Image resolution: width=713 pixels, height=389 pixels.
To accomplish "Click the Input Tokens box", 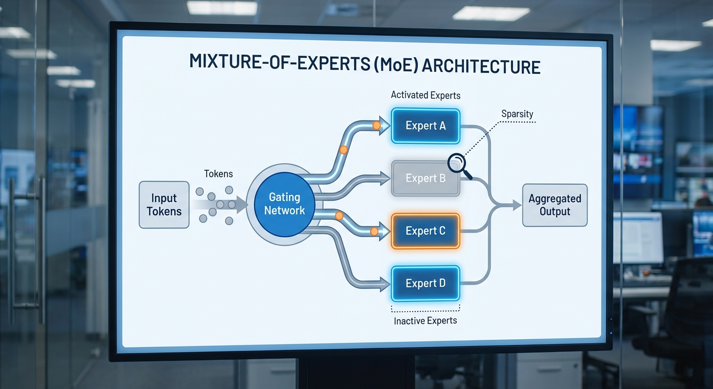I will pos(164,205).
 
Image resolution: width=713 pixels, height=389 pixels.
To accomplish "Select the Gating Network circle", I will pos(284,204).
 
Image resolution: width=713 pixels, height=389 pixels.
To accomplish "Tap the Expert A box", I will pos(425,126).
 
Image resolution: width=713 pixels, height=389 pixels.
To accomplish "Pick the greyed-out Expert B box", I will pos(425,178).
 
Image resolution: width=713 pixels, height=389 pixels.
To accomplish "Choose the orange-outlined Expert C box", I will pos(425,231).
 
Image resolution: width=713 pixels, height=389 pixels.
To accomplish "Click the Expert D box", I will pos(425,283).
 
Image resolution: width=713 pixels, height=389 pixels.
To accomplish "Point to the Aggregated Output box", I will pos(554,205).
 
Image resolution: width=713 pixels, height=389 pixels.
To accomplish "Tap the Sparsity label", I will pos(517,114).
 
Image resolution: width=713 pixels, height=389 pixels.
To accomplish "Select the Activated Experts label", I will pos(425,95).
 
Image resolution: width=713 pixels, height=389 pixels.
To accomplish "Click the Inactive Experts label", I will pos(425,321).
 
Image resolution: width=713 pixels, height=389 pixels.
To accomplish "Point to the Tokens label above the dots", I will pos(218,174).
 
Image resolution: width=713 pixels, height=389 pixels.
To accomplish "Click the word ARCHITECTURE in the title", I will pos(481,66).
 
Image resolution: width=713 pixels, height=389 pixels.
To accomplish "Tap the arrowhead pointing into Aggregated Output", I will pos(517,205).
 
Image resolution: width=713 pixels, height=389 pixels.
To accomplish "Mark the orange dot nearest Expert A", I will pos(376,125).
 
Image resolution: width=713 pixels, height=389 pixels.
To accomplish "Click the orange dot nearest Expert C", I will pos(374,231).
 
